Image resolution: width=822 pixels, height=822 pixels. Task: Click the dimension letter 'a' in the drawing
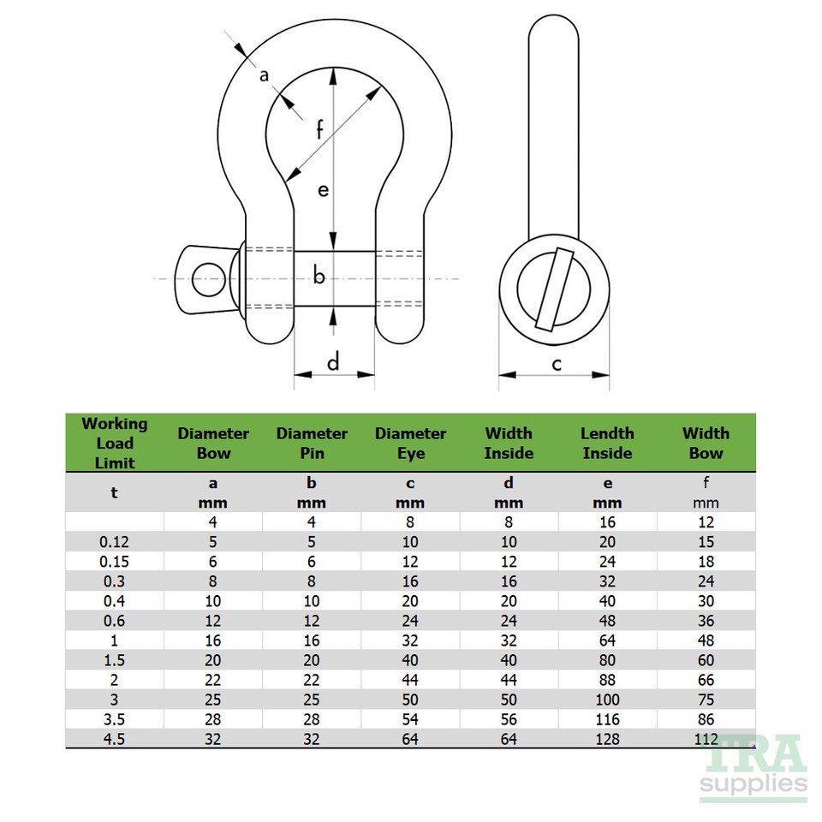pos(264,76)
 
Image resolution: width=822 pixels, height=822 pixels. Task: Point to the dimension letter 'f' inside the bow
pos(319,130)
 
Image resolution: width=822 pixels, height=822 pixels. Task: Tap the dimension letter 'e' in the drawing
pos(323,190)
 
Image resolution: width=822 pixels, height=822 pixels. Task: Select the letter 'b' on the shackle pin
pos(319,277)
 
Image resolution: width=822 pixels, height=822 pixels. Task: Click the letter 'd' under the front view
pos(334,362)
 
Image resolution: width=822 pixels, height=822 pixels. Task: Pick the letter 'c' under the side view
pos(556,364)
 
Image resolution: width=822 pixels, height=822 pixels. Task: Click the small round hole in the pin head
pos(205,277)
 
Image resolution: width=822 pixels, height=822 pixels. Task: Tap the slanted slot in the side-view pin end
pos(554,289)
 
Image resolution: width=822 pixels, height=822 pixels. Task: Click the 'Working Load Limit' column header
pos(114,443)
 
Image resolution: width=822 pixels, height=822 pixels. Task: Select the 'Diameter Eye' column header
pos(410,444)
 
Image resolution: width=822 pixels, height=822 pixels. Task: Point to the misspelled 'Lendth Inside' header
pos(606,444)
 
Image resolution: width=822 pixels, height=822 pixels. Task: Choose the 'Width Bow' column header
pos(706,444)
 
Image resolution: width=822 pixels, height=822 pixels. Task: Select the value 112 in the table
pos(706,739)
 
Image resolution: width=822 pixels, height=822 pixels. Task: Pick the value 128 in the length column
pos(607,739)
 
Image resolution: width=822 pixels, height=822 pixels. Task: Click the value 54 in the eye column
pos(410,719)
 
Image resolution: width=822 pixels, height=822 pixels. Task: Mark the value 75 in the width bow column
pos(706,700)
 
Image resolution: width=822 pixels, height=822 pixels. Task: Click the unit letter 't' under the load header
pos(114,493)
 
